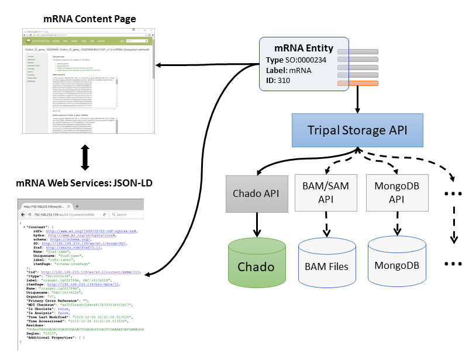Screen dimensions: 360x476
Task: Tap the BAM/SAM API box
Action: pos(319,193)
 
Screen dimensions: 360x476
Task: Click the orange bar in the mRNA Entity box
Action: pos(357,84)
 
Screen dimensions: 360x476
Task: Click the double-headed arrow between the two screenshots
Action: pos(85,158)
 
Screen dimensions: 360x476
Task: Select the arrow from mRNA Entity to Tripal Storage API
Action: pos(357,101)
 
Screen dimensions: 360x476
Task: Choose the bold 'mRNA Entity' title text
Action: pos(304,49)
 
